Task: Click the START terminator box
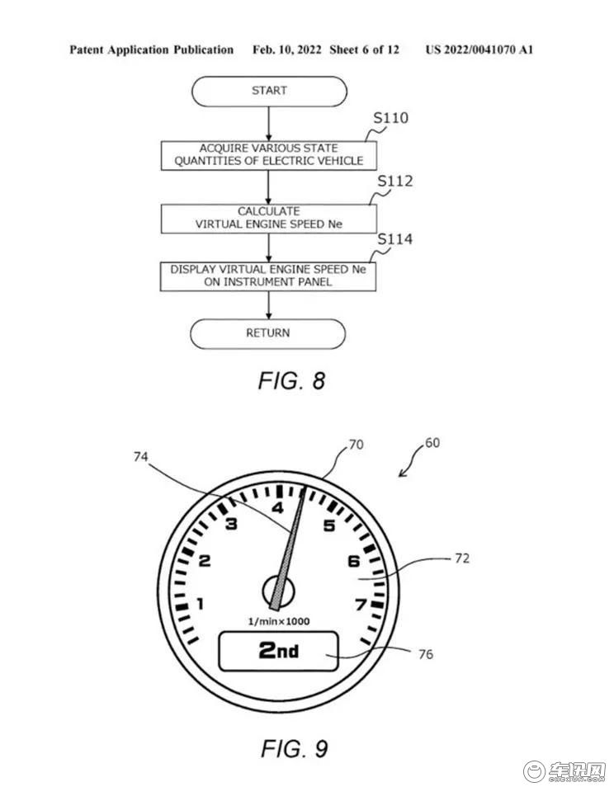(269, 92)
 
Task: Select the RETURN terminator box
(268, 333)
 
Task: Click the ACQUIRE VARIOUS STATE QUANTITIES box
(269, 155)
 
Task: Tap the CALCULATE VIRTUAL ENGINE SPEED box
(269, 219)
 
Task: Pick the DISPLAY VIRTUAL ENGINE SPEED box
(268, 276)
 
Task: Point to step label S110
(390, 118)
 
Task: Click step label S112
(394, 181)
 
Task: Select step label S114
(394, 239)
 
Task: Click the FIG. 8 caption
(291, 381)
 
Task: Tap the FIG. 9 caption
(295, 749)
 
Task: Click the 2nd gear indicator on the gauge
(279, 651)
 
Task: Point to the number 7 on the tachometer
(361, 605)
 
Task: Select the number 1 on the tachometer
(201, 604)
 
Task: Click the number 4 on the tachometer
(277, 508)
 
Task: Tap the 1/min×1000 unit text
(279, 621)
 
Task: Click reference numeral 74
(140, 457)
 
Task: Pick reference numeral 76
(425, 654)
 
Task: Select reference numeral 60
(432, 443)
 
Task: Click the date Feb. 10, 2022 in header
(287, 49)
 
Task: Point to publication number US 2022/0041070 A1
(479, 49)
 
